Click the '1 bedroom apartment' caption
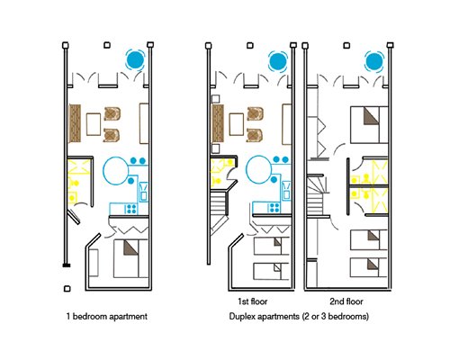[x=107, y=317]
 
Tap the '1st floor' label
[x=252, y=301]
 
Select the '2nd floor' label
[x=346, y=301]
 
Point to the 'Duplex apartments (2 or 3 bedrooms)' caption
[x=299, y=317]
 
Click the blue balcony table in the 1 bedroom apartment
[x=135, y=59]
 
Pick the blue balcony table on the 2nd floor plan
[x=374, y=61]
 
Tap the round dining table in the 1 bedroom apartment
[x=116, y=171]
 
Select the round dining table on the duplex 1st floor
[x=259, y=169]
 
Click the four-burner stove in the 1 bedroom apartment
[x=131, y=208]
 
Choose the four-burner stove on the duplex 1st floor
[x=274, y=207]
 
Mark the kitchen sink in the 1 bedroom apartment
[x=143, y=191]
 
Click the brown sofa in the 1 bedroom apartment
[x=75, y=123]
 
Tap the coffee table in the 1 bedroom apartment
[x=94, y=124]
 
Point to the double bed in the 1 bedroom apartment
[x=131, y=258]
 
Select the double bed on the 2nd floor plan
[x=369, y=125]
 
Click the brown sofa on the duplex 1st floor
[x=218, y=123]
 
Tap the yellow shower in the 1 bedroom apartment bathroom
[x=79, y=167]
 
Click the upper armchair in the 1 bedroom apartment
[x=112, y=114]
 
